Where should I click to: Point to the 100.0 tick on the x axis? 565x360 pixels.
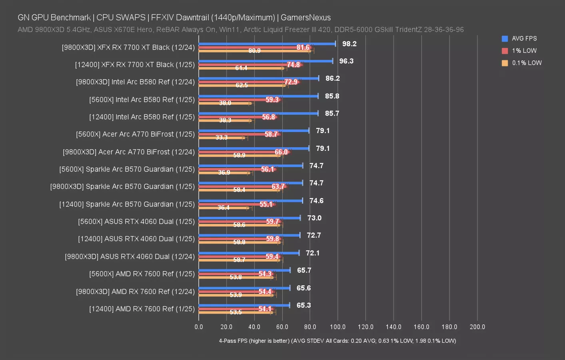point(337,327)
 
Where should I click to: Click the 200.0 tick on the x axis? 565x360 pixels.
point(477,327)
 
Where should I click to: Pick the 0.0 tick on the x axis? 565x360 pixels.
point(199,327)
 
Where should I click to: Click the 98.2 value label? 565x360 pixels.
point(349,44)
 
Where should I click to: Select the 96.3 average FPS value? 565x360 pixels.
point(346,61)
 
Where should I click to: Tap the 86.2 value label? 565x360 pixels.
point(332,78)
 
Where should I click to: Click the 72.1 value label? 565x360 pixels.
point(312,253)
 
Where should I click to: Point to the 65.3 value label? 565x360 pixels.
point(303,305)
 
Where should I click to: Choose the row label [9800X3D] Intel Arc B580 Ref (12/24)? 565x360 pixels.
point(135,82)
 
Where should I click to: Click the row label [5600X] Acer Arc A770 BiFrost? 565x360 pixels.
point(135,134)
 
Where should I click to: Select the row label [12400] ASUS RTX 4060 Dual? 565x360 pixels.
point(136,239)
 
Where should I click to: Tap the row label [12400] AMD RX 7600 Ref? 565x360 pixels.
point(142,309)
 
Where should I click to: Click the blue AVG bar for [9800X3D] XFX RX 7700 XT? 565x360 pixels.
point(267,44)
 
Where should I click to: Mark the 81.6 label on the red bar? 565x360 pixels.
point(303,48)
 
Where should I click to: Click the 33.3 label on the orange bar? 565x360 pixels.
point(222,138)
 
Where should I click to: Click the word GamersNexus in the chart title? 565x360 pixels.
point(305,18)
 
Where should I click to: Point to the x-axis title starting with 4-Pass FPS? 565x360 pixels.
point(337,341)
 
